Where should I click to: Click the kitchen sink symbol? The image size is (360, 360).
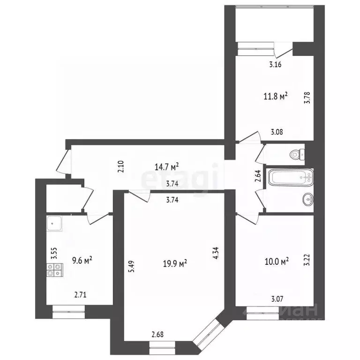tap(56, 225)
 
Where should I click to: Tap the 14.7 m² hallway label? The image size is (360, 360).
tap(167, 166)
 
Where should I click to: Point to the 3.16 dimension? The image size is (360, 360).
tap(275, 65)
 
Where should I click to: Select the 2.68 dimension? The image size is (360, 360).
tap(157, 335)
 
